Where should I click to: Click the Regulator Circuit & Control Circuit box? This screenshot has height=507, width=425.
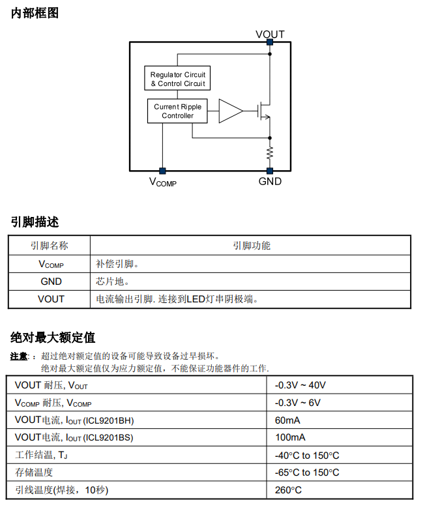[x=177, y=79]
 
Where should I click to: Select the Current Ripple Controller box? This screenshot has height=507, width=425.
[x=177, y=111]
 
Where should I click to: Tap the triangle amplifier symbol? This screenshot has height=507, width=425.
[x=230, y=111]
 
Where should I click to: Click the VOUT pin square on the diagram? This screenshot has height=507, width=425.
[x=270, y=42]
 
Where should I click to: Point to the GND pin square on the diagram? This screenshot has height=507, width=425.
[x=270, y=171]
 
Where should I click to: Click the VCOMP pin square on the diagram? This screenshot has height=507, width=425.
[x=162, y=171]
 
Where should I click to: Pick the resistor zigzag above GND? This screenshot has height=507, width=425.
[x=270, y=154]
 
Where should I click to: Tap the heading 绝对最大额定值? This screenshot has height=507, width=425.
[x=53, y=337]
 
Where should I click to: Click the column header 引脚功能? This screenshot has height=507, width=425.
[x=252, y=246]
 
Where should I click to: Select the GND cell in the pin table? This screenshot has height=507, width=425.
[x=51, y=282]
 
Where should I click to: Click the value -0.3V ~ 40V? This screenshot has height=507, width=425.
[x=300, y=385]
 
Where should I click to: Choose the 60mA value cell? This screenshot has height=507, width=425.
[x=287, y=420]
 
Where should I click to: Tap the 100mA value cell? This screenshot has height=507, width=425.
[x=290, y=437]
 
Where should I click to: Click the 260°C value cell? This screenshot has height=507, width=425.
[x=288, y=490]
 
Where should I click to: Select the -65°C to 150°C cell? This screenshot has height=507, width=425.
[x=307, y=472]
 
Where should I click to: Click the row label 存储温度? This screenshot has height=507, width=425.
[x=34, y=472]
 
